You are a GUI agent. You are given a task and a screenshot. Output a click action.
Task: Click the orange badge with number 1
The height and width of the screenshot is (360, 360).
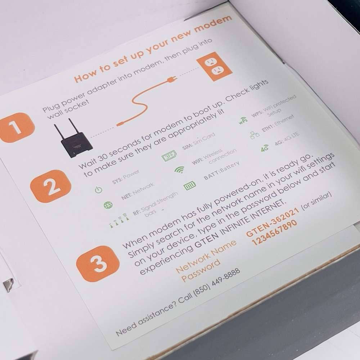pos(17,127)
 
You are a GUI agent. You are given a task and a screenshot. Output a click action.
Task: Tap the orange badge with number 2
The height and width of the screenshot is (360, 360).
pos(50,186)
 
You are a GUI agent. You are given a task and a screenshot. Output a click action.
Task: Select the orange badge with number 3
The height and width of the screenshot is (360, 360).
pos(98,264)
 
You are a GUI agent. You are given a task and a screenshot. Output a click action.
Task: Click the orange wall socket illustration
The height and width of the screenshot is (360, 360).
pos(215,67)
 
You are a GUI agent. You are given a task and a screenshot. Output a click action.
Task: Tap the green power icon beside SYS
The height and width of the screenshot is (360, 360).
pos(99,190)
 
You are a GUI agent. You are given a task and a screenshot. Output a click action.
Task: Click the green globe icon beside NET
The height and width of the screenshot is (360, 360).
pos(108,205)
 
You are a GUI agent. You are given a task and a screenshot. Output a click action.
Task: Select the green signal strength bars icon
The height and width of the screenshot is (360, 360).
pos(120,221)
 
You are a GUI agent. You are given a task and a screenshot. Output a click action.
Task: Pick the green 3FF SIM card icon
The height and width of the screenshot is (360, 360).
pos(169,156)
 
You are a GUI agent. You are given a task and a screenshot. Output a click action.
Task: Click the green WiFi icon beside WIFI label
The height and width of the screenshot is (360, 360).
pos(179,170)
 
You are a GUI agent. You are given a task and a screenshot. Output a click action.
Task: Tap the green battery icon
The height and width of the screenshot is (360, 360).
pos(190,185)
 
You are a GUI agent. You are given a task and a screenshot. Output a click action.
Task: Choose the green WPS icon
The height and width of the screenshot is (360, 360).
pos(243,121)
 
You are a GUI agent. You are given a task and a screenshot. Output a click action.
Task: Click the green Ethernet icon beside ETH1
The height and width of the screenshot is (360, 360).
pos(255,135)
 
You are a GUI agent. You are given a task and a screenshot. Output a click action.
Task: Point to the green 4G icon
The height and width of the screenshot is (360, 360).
pos(265,148)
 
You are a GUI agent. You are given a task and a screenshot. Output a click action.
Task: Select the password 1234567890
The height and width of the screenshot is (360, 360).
pos(274,233)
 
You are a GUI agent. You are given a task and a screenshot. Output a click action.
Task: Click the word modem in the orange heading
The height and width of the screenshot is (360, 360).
pos(213,24)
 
